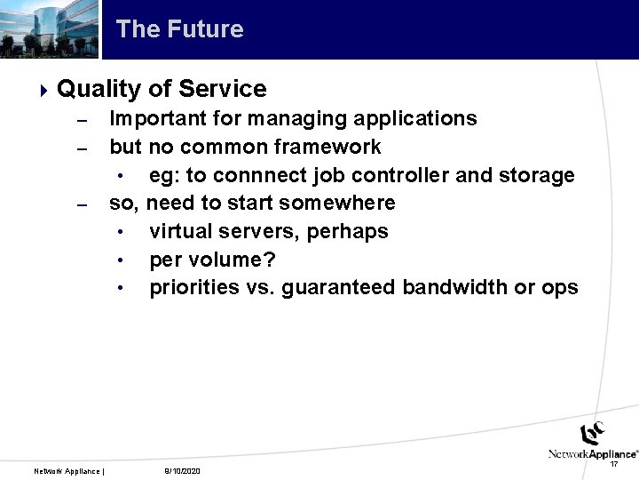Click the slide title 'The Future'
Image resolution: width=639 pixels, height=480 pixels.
pyautogui.click(x=179, y=29)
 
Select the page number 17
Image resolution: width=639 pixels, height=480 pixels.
pyautogui.click(x=614, y=464)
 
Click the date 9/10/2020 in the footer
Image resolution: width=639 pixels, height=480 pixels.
pyautogui.click(x=183, y=470)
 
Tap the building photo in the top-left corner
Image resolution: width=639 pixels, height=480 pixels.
pyautogui.click(x=50, y=29)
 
